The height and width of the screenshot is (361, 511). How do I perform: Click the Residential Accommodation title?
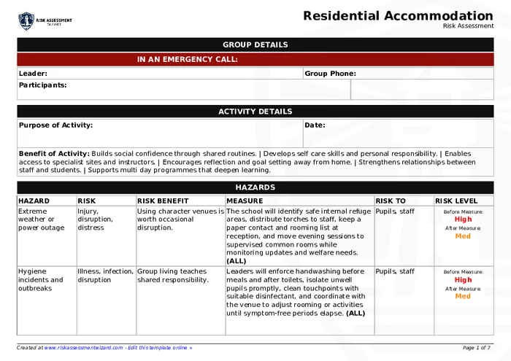(x=398, y=15)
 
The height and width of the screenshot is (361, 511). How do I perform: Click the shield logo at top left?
(x=26, y=20)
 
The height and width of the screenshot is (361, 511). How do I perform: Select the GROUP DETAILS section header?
(x=255, y=44)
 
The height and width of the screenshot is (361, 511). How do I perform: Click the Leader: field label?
(x=33, y=74)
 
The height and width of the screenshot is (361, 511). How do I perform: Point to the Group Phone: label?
(x=330, y=74)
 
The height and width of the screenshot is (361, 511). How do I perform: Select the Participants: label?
(x=42, y=85)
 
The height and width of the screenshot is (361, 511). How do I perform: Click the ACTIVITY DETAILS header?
(x=255, y=112)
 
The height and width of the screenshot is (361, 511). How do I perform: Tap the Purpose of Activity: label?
(x=55, y=125)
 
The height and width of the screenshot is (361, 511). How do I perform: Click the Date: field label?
(x=315, y=125)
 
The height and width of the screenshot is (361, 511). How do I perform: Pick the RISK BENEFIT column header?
(x=163, y=201)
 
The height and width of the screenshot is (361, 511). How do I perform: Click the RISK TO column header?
(x=390, y=201)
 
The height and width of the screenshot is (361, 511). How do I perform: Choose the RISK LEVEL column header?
(x=456, y=201)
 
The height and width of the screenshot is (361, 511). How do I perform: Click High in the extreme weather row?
(x=463, y=219)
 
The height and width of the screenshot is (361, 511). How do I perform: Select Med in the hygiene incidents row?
(x=463, y=296)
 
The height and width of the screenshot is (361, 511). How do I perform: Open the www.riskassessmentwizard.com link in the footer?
(x=83, y=348)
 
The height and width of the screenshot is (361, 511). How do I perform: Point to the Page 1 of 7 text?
(x=477, y=348)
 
